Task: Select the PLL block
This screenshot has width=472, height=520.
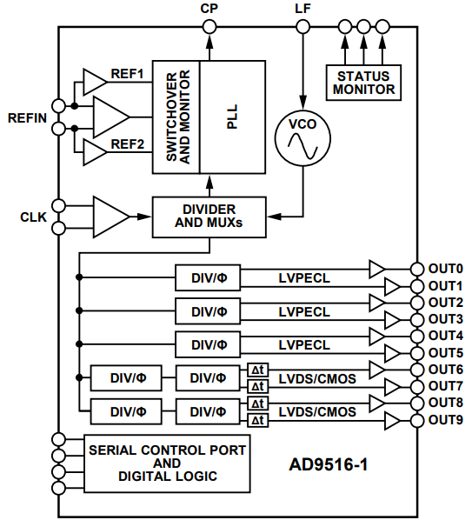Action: [232, 117]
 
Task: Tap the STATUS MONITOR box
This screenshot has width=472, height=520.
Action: [363, 82]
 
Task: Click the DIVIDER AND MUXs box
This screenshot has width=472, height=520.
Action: [209, 216]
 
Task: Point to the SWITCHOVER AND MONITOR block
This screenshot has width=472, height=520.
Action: [176, 117]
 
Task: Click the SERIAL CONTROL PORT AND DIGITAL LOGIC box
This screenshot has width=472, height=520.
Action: [167, 463]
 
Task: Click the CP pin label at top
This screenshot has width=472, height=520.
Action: [209, 8]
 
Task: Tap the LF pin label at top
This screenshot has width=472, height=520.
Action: [302, 8]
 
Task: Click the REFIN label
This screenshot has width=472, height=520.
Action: [26, 117]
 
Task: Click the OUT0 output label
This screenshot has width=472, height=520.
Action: [445, 269]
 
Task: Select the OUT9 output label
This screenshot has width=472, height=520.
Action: [445, 420]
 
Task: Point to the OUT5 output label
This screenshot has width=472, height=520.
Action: [445, 352]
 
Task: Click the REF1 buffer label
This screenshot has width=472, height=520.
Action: [127, 74]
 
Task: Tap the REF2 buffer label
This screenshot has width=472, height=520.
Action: [127, 143]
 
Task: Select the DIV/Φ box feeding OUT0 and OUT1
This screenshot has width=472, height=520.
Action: [209, 277]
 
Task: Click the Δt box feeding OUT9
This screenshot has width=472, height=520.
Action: [257, 420]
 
